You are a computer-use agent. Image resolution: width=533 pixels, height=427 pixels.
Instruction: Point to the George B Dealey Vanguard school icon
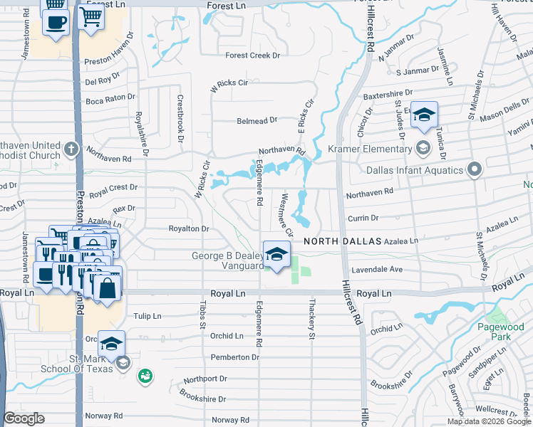click(276, 253)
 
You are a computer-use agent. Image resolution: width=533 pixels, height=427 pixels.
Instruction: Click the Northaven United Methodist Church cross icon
click(71, 149)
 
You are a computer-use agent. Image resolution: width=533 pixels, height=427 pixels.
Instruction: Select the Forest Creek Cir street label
click(254, 56)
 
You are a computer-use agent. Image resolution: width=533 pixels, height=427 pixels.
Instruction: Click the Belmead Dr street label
click(252, 121)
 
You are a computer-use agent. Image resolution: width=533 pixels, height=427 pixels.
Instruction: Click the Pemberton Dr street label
click(234, 357)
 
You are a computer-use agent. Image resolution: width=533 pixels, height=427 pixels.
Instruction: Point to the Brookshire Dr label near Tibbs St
click(202, 399)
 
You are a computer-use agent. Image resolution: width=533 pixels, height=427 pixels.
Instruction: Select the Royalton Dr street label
click(188, 229)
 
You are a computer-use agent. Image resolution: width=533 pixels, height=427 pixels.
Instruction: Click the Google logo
click(24, 418)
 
